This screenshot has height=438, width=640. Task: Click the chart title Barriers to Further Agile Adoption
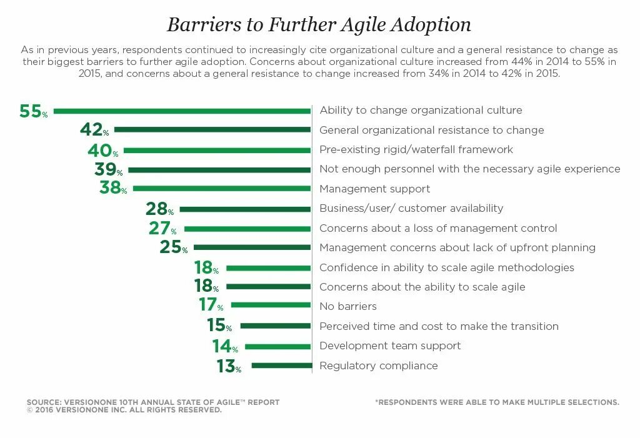319,24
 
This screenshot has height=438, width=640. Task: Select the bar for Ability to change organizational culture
182,111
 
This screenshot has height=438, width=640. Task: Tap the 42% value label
94,130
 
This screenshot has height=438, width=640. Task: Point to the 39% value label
108,170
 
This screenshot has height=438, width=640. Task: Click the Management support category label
374,189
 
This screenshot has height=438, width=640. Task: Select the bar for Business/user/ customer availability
244,209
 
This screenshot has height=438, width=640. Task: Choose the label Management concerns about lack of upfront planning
457,248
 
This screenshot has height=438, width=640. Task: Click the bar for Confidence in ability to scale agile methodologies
269,268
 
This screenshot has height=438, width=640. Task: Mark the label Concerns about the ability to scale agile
422,287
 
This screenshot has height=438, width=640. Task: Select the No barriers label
348,307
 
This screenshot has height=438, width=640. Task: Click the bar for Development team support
278,346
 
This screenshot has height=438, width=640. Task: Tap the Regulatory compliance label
378,366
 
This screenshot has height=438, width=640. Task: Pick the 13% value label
229,366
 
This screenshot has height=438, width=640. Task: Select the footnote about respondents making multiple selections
497,402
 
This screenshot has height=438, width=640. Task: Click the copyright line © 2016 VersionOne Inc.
124,411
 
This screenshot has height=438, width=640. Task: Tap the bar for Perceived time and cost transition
276,326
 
